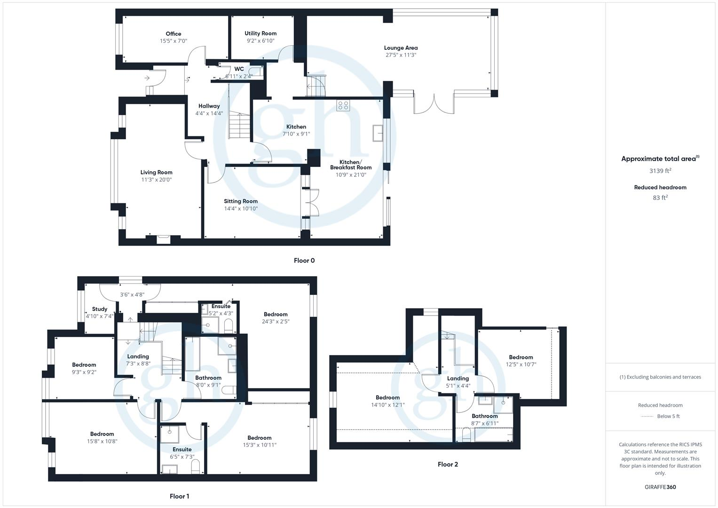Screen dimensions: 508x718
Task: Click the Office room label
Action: click(x=173, y=34)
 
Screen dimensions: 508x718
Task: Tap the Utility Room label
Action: click(x=260, y=33)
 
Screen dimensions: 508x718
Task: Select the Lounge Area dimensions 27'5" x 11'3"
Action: click(x=401, y=55)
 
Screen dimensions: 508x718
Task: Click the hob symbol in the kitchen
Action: click(x=343, y=106)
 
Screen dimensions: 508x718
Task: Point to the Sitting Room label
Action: click(x=241, y=201)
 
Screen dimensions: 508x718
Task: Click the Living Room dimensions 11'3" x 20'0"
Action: click(x=157, y=180)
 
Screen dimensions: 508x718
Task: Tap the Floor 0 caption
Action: click(x=304, y=261)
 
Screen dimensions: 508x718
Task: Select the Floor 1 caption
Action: click(x=179, y=496)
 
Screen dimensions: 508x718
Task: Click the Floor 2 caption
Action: click(x=448, y=464)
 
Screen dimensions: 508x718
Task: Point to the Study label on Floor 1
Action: click(x=100, y=309)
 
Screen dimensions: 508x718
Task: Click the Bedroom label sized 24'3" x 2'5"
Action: click(x=276, y=314)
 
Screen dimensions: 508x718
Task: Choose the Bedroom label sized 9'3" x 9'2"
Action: click(x=84, y=365)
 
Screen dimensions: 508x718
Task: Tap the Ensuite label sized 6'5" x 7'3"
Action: click(x=182, y=449)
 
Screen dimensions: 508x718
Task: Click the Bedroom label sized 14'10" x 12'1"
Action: click(x=387, y=397)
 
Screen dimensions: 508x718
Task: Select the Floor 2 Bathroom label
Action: click(x=484, y=416)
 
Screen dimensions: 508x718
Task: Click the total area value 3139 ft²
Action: click(x=660, y=171)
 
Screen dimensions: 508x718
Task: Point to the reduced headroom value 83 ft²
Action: click(x=660, y=198)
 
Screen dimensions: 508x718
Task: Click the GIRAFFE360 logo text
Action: click(x=660, y=487)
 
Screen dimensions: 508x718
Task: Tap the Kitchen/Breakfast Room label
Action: click(x=351, y=165)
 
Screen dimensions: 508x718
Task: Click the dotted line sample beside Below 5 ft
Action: click(x=647, y=416)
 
